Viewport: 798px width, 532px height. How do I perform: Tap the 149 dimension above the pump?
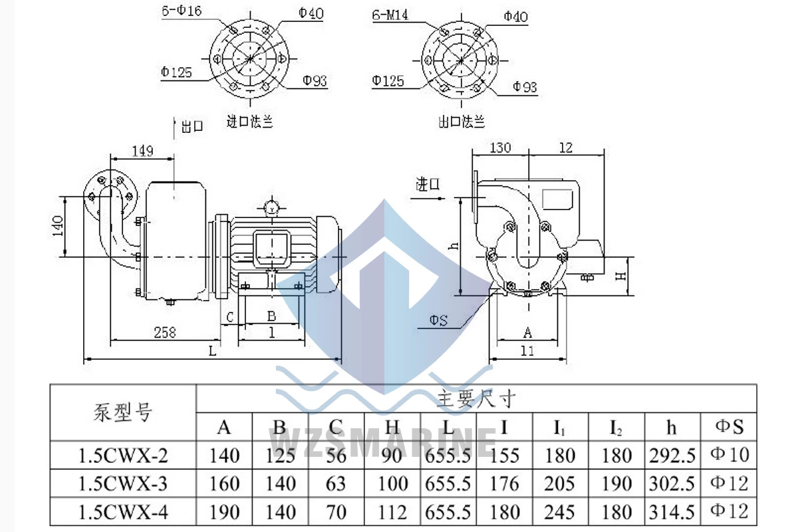[142, 151]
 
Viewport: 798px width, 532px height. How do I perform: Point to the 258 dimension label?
[164, 332]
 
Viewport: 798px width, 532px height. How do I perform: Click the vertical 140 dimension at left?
[58, 226]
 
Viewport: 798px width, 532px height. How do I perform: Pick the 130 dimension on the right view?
[500, 147]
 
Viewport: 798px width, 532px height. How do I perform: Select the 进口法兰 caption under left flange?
[250, 122]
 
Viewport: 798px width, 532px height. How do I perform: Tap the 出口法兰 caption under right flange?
[462, 122]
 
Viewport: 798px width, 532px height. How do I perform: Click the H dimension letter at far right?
[620, 275]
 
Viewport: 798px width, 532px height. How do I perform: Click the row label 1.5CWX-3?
[123, 483]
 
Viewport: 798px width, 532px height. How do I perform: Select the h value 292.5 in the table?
[672, 456]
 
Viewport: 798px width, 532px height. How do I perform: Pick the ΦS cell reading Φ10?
[730, 455]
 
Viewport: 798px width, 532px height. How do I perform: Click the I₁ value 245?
[560, 511]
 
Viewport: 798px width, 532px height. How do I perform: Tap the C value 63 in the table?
[336, 483]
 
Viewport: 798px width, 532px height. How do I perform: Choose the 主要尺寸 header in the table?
[476, 399]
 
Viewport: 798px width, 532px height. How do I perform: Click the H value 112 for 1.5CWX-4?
[392, 511]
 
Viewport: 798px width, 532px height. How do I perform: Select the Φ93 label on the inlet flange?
[315, 80]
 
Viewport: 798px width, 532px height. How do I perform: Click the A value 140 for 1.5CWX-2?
[224, 456]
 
